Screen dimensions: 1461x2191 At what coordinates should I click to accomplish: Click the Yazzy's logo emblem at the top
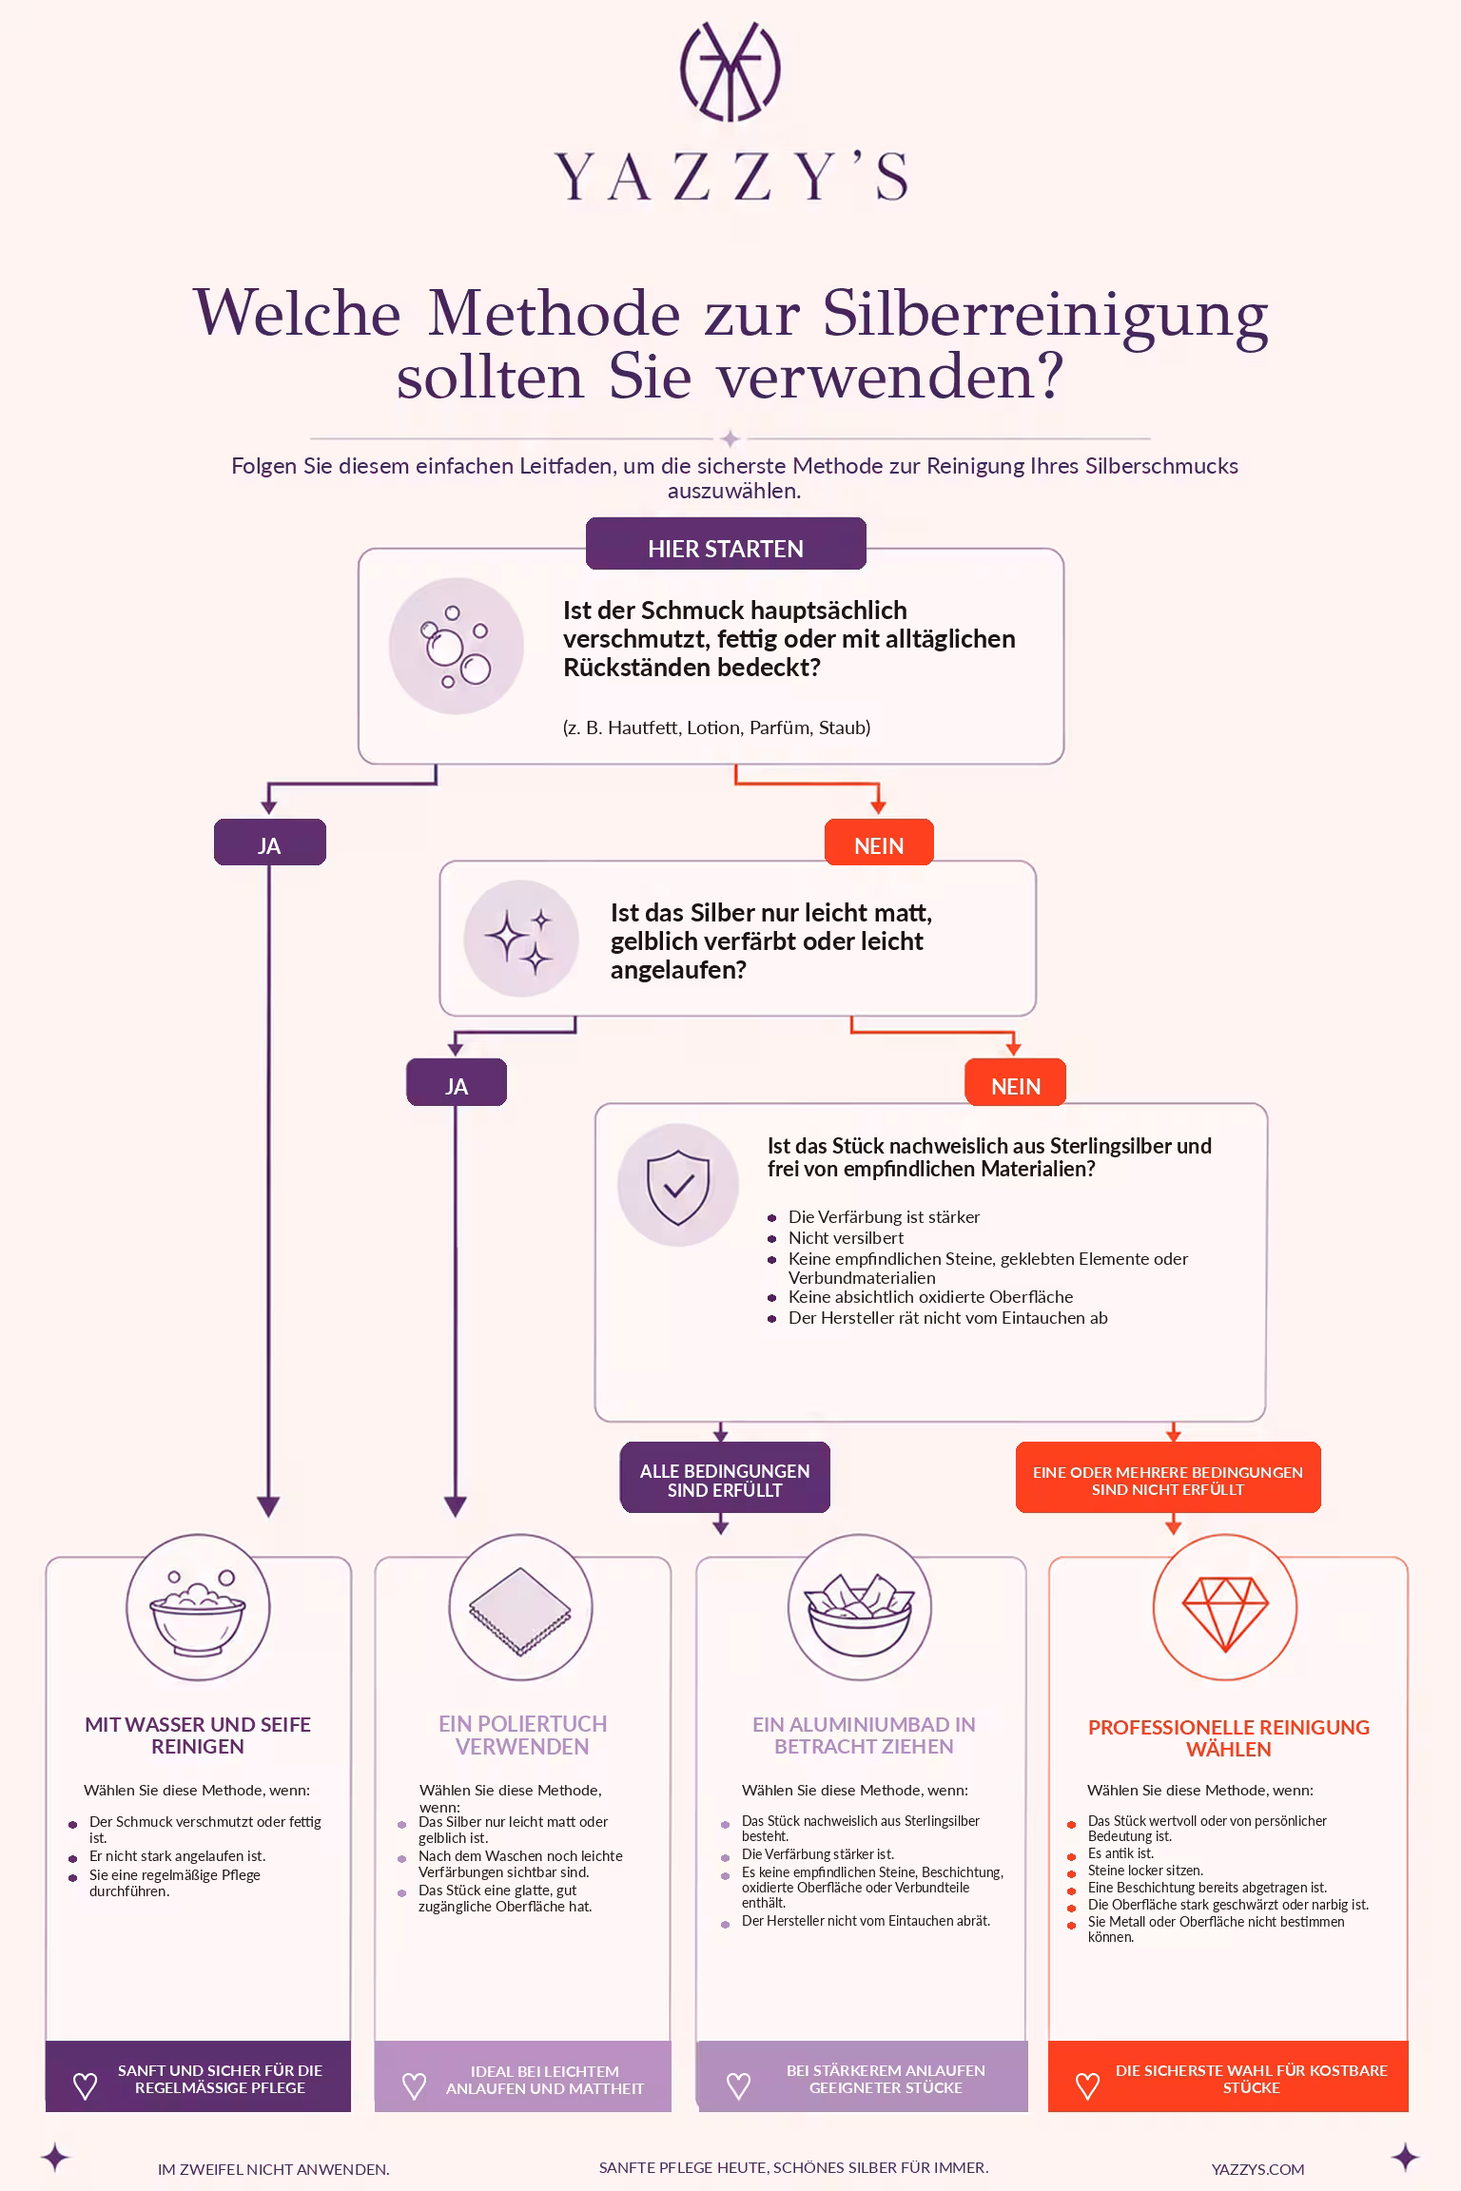(730, 71)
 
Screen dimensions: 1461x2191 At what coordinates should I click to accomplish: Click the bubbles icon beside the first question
(457, 646)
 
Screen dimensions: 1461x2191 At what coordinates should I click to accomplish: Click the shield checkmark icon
(678, 1185)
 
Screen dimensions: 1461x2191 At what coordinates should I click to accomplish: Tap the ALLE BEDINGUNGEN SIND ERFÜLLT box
(725, 1478)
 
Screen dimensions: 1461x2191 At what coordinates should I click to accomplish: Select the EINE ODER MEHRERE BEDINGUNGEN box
(1168, 1478)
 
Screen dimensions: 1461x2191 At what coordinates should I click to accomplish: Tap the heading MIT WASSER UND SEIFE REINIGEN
(198, 1735)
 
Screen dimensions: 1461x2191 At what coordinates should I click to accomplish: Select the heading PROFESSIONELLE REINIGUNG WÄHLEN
(1229, 1738)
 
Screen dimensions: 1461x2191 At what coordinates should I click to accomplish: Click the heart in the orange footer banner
(1087, 2086)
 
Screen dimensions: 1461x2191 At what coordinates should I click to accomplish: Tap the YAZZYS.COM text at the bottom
(1257, 2169)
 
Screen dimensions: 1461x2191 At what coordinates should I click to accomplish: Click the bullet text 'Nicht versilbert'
(846, 1238)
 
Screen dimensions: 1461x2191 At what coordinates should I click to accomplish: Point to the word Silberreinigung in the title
(1045, 316)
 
